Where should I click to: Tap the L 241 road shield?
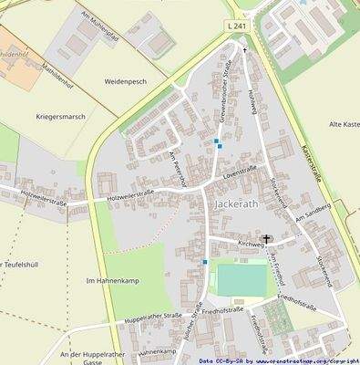(235, 29)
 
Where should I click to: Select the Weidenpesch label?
(126, 81)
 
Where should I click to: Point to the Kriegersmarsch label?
(62, 117)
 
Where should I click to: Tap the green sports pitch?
(242, 279)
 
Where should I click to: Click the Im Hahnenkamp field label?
(108, 280)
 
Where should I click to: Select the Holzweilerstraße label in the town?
(129, 194)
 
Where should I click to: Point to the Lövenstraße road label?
(240, 170)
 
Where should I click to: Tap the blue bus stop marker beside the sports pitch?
(205, 262)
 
